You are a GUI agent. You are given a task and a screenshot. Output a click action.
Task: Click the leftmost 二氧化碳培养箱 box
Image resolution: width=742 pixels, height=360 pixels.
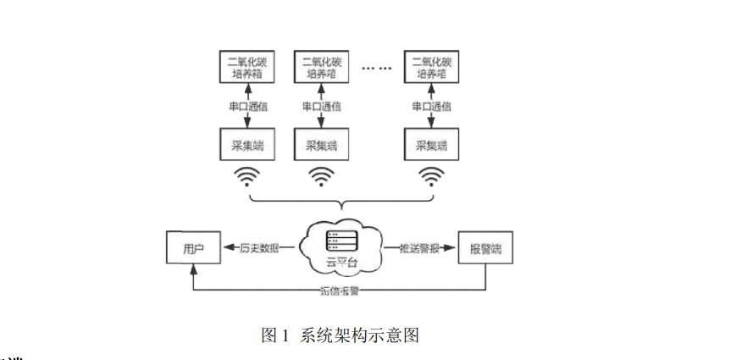(x=244, y=67)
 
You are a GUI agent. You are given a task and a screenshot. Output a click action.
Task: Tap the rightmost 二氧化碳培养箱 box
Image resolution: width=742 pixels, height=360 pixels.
(x=431, y=67)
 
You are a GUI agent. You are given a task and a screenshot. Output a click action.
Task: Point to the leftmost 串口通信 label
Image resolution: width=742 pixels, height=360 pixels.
(x=244, y=107)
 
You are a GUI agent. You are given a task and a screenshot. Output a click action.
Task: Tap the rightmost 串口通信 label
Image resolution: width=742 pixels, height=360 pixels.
(x=431, y=107)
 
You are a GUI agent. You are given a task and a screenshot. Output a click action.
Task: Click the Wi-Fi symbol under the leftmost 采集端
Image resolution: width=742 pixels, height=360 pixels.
(x=246, y=176)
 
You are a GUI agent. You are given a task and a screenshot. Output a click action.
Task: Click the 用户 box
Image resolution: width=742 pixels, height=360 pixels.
(x=192, y=248)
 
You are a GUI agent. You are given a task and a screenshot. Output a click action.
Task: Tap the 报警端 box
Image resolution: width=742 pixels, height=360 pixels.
(x=485, y=248)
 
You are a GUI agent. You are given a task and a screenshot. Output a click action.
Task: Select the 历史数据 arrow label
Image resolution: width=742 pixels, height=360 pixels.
(x=261, y=248)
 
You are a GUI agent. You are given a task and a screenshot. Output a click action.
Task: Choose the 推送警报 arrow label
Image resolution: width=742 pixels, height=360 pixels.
(x=418, y=248)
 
